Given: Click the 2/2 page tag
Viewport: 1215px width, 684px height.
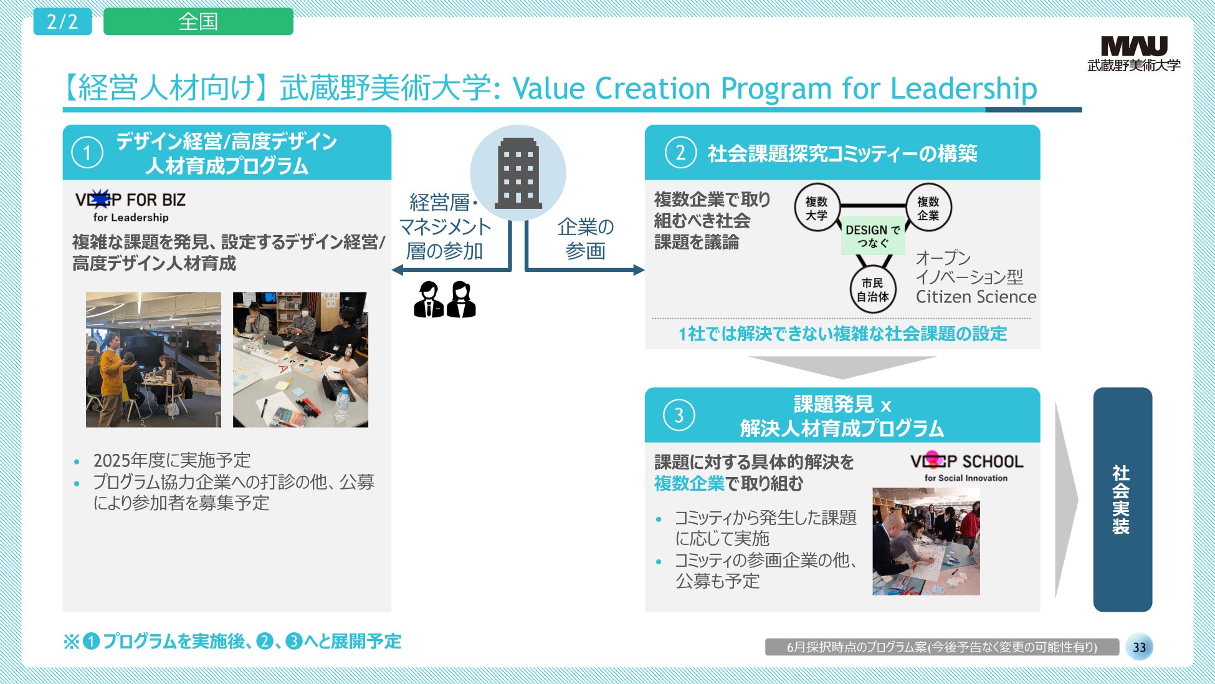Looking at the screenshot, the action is tap(62, 22).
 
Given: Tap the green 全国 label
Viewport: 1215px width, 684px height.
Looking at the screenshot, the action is tap(198, 22).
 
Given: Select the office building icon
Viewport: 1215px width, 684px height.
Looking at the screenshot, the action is tap(518, 173).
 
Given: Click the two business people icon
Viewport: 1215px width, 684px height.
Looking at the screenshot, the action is tap(445, 299).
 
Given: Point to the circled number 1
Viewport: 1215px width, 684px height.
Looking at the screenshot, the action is tap(87, 153).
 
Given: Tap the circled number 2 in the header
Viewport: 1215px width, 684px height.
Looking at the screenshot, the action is tap(680, 153).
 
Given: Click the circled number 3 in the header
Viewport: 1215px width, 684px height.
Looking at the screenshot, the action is tap(679, 415).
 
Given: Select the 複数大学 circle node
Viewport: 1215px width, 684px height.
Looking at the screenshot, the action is tap(817, 208).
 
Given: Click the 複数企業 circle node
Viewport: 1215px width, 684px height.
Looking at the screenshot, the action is tap(928, 208).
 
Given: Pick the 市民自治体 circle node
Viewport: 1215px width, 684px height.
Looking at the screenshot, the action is tap(872, 290).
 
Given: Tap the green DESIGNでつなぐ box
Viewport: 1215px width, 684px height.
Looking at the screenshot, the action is tap(872, 236).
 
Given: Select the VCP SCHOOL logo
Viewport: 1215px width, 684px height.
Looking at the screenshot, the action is tap(966, 466).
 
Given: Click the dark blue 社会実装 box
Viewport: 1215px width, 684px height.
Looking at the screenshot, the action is tap(1122, 499).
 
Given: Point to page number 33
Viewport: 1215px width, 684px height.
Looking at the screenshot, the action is tap(1139, 647).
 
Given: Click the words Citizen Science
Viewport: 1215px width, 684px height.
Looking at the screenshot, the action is tap(976, 297).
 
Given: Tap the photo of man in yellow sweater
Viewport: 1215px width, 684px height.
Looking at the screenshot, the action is tap(153, 360).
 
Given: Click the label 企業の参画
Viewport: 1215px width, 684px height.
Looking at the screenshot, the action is tap(585, 238).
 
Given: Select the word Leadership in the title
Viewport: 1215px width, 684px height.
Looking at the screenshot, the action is tap(964, 88).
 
